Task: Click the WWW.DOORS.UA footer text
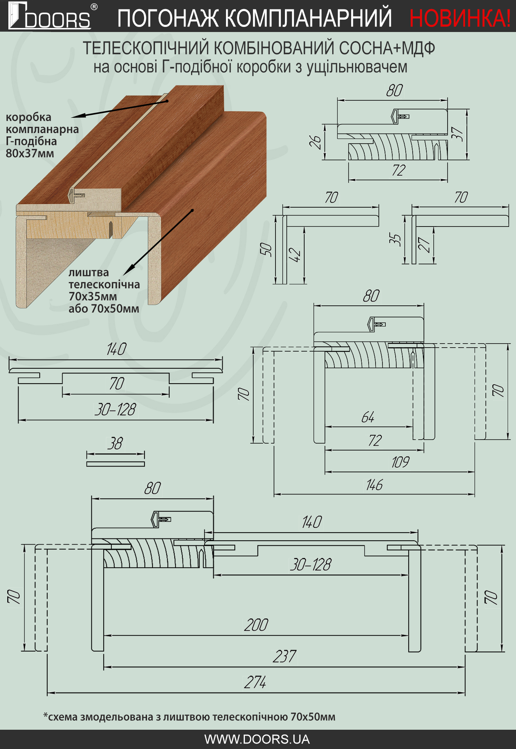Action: tap(257, 739)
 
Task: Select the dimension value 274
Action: tap(255, 682)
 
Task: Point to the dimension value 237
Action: tap(285, 656)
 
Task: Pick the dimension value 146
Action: tap(374, 485)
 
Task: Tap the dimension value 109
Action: tap(400, 462)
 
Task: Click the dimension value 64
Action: tap(368, 417)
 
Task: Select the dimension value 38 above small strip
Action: tap(115, 444)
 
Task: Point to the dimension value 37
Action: tap(458, 134)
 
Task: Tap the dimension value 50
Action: tap(266, 249)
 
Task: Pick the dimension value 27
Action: tap(425, 244)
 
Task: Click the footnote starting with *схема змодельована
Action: tap(189, 717)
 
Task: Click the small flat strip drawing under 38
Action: tap(115, 464)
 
